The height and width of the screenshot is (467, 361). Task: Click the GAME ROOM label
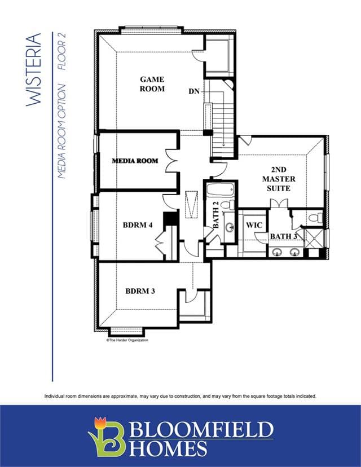152,84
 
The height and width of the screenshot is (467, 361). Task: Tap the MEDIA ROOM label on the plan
135,161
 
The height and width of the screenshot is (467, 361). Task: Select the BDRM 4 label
138,225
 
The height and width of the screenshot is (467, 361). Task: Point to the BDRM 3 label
140,291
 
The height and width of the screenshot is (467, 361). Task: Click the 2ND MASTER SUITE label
279,179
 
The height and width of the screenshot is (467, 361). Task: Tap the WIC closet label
254,225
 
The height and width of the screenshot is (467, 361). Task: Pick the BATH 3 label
284,236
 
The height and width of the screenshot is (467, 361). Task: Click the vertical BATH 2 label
215,215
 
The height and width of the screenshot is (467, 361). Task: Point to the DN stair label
194,91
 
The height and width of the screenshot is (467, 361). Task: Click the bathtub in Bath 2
221,190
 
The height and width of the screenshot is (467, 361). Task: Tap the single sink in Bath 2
230,227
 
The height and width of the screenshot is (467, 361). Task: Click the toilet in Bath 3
315,218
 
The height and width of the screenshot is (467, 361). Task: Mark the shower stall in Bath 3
314,238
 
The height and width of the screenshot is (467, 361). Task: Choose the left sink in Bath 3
278,252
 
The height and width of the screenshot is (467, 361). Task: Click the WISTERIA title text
33,69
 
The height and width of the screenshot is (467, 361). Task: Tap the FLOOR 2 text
61,51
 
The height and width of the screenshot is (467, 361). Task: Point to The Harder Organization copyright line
127,340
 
